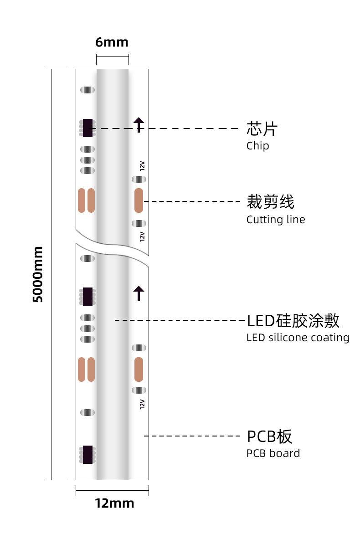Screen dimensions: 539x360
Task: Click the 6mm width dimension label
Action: pyautogui.click(x=112, y=42)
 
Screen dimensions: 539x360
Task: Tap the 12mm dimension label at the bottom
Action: pyautogui.click(x=114, y=503)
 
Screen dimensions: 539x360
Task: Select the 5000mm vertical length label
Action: pyautogui.click(x=38, y=274)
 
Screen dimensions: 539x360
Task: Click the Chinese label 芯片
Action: pyautogui.click(x=262, y=129)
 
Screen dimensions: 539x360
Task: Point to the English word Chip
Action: pyautogui.click(x=257, y=146)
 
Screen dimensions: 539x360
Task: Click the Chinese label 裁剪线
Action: pyautogui.click(x=270, y=201)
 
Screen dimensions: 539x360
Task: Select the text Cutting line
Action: pyautogui.click(x=275, y=220)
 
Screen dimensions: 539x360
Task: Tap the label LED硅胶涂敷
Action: pyautogui.click(x=293, y=321)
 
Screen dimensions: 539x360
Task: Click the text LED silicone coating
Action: pyautogui.click(x=298, y=338)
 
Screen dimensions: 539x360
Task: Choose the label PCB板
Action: pyautogui.click(x=269, y=436)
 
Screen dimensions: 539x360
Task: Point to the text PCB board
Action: pyautogui.click(x=273, y=453)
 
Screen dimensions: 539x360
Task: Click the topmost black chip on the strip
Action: pyautogui.click(x=87, y=128)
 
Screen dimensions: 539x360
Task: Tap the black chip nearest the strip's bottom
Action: pyautogui.click(x=87, y=454)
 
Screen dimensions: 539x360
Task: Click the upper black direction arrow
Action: pyautogui.click(x=139, y=124)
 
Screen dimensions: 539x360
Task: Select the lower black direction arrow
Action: pyautogui.click(x=139, y=293)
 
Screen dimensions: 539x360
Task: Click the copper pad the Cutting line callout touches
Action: pyautogui.click(x=139, y=200)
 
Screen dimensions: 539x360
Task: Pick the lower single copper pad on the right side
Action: pyautogui.click(x=139, y=369)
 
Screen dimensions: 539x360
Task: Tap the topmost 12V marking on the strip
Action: pyautogui.click(x=142, y=165)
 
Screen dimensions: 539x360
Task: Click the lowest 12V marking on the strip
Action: pyautogui.click(x=142, y=404)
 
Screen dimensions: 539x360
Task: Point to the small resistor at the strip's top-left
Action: pyautogui.click(x=87, y=90)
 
